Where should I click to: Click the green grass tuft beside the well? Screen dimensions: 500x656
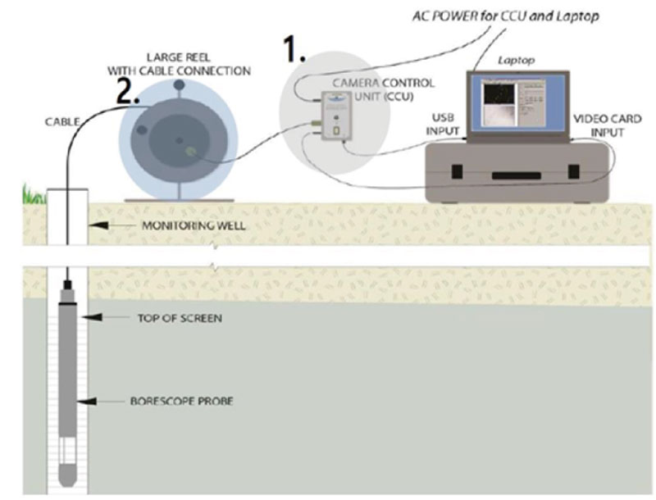[33, 195]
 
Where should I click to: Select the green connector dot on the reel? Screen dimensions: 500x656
[190, 151]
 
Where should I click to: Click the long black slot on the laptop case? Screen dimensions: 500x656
[516, 175]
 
